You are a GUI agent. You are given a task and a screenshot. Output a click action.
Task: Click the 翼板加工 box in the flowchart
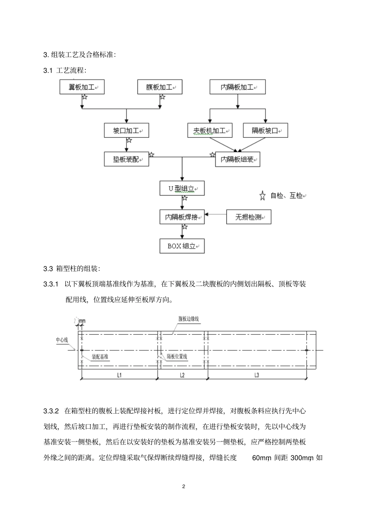pos(82,87)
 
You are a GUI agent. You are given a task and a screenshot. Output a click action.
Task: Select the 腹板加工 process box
pos(160,87)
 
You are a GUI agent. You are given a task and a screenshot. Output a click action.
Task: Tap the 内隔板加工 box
pos(238,87)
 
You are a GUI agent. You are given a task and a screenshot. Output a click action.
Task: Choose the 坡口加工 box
pos(126,131)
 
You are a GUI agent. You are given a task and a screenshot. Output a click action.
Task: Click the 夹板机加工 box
pos(210,131)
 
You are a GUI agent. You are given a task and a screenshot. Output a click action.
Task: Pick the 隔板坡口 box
pos(265,131)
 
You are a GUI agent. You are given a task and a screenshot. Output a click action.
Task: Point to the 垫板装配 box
pos(126,159)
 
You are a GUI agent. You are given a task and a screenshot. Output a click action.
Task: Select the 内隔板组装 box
pos(238,159)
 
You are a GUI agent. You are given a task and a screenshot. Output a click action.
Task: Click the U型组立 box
pos(182,189)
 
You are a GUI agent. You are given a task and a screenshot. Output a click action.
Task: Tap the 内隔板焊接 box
pos(182,217)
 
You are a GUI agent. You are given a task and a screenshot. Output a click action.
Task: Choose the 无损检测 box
pos(249,217)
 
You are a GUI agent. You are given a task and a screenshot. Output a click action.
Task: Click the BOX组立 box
pos(182,246)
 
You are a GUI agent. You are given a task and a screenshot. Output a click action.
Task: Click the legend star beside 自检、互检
pos(263,196)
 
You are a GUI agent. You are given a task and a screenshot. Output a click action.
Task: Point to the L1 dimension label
pos(119,375)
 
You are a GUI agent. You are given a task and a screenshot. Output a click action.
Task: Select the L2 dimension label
pos(182,375)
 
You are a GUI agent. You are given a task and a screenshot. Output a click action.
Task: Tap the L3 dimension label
pos(257,375)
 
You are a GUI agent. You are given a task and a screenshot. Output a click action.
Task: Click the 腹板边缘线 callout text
pos(189,319)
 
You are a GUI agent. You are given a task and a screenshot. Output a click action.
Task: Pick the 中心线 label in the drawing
pos(62,340)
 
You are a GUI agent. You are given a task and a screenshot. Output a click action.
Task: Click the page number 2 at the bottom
pos(183,486)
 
